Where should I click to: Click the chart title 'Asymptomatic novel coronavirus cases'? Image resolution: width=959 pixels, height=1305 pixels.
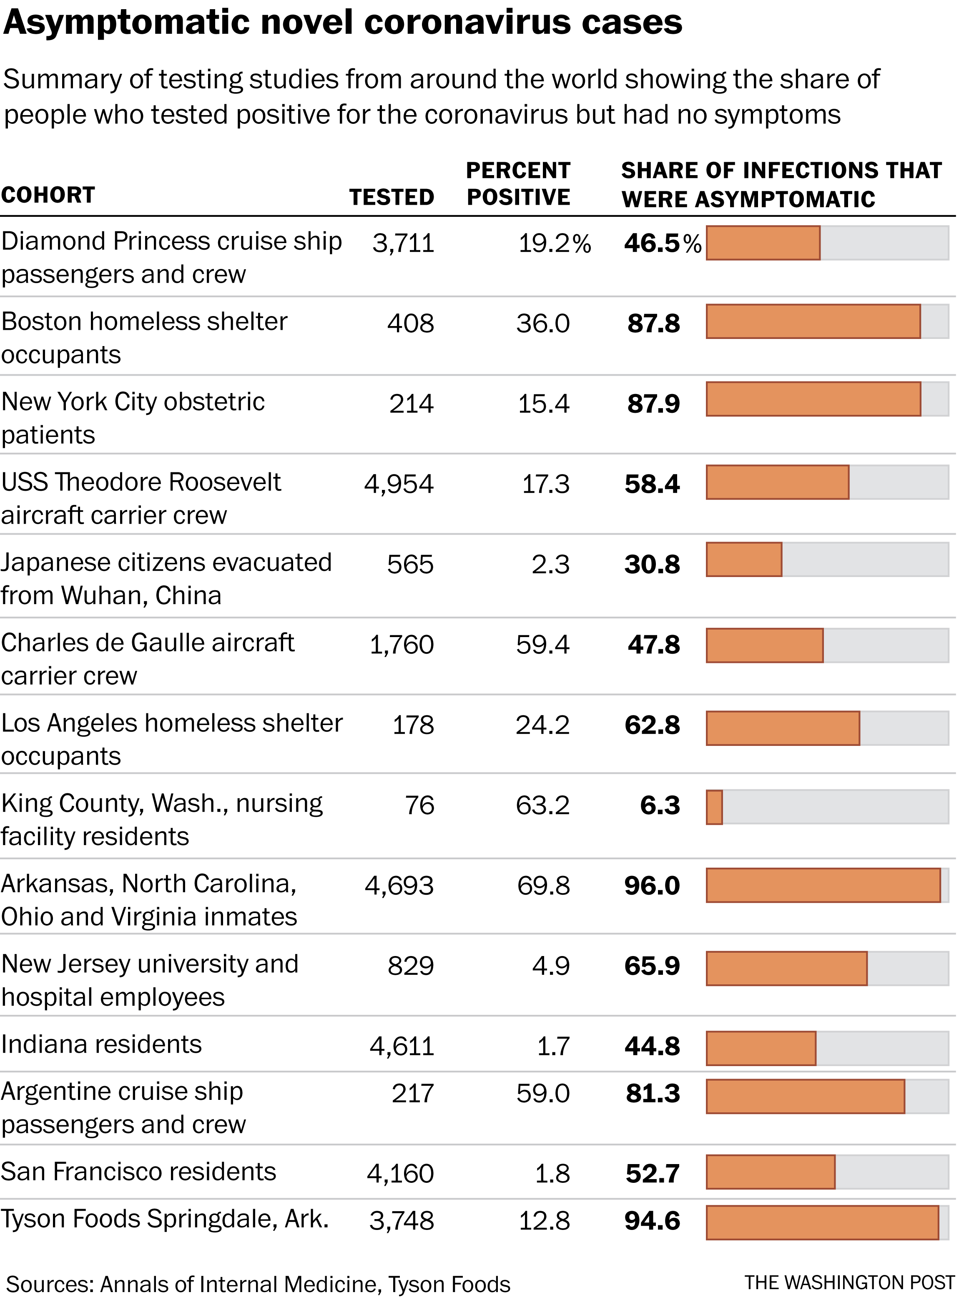click(x=342, y=23)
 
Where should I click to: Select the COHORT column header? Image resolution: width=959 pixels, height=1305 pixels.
click(x=48, y=195)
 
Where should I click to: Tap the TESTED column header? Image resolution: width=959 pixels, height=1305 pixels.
click(x=392, y=197)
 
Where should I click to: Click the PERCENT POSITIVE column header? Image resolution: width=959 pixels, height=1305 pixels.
click(x=518, y=183)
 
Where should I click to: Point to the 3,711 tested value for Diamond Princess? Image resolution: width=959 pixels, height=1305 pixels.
click(x=404, y=243)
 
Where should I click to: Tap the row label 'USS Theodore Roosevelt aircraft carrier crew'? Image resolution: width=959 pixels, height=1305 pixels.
click(x=141, y=499)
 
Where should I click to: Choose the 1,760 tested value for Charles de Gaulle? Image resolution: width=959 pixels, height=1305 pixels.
click(x=402, y=645)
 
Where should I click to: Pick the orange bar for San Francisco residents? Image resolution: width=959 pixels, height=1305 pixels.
click(x=771, y=1172)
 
